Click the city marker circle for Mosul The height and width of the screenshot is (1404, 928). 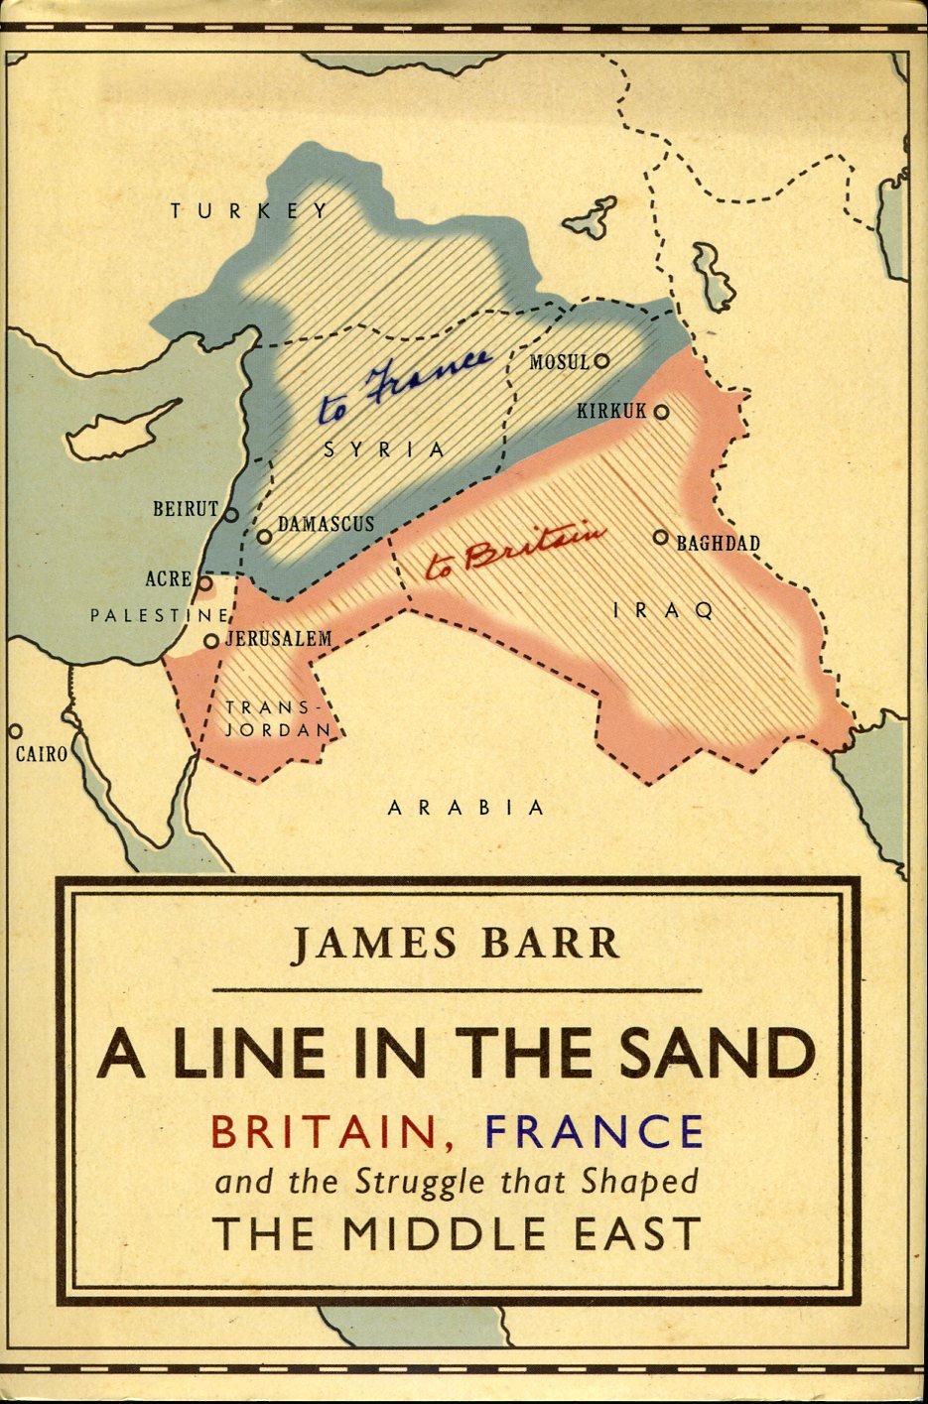[601, 361]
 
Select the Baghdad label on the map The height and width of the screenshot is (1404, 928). [718, 543]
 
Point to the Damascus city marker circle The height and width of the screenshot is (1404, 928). [264, 537]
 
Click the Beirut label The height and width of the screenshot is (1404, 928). [185, 509]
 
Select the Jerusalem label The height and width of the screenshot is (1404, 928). [278, 639]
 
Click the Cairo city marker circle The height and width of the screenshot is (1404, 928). [14, 731]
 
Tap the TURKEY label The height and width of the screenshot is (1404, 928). [248, 210]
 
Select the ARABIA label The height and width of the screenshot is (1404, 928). [465, 808]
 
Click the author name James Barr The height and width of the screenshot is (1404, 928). [456, 943]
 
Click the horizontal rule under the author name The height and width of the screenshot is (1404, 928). [457, 990]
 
